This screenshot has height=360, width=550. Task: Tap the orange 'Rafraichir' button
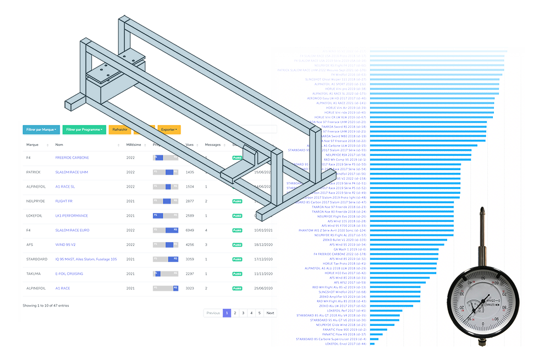[119, 130]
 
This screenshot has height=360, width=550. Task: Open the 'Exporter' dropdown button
[169, 130]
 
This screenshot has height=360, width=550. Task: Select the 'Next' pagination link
[269, 313]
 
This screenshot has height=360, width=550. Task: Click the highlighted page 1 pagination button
[226, 313]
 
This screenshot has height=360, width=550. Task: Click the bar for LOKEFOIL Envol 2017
[372, 344]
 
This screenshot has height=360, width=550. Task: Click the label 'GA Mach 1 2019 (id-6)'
[349, 249]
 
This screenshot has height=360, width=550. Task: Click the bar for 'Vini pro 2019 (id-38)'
[434, 89]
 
